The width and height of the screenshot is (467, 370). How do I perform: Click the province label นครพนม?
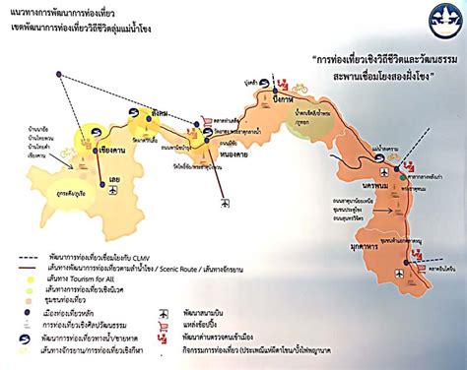click(374, 183)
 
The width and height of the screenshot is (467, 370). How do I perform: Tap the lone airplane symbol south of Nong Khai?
click(226, 204)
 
